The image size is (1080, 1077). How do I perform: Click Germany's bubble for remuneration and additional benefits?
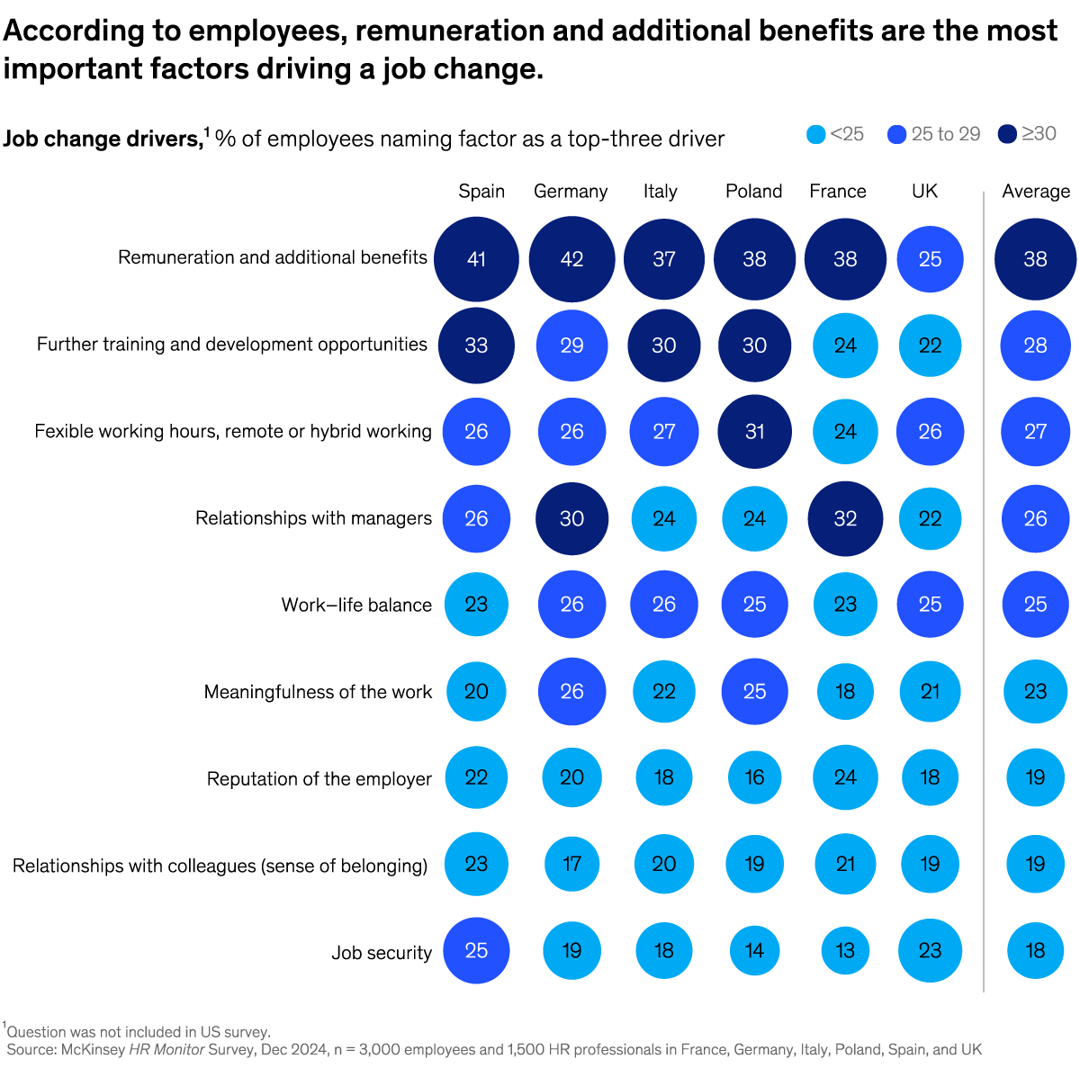(571, 259)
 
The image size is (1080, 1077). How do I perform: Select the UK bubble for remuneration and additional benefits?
(930, 259)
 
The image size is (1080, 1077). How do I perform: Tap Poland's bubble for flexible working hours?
(754, 432)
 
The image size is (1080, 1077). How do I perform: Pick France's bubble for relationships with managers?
(845, 518)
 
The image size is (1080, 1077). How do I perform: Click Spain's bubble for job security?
(476, 950)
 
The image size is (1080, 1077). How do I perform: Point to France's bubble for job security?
(845, 950)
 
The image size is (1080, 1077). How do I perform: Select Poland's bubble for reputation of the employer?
(754, 777)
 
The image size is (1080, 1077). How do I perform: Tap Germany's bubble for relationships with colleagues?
(571, 864)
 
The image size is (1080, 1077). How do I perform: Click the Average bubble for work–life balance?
(1035, 605)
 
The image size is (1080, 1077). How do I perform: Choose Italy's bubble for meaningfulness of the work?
(663, 691)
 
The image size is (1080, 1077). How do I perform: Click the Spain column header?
(481, 191)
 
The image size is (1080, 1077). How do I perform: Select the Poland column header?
(753, 191)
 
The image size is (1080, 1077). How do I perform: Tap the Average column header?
(1036, 191)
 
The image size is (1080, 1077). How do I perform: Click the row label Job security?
(382, 952)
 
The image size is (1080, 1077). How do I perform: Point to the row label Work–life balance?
(356, 605)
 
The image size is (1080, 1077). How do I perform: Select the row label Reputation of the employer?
(319, 778)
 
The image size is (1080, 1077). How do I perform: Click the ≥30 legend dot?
(1007, 134)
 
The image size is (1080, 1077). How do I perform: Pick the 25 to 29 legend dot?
(896, 134)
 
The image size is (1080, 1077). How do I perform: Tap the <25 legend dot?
(815, 134)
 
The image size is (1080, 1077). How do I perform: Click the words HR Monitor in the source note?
(166, 1049)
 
